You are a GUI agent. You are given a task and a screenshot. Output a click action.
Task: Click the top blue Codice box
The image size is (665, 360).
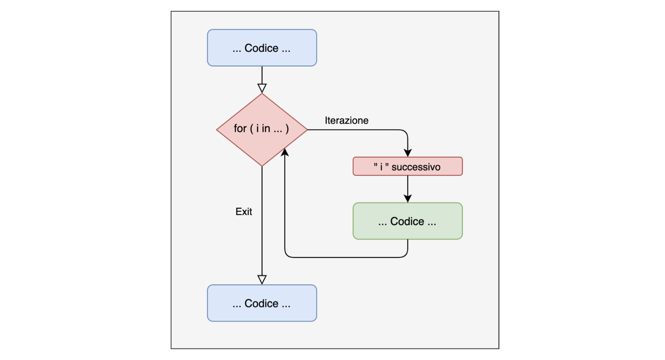[262, 48]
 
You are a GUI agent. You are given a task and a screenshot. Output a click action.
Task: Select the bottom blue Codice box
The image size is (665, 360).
[262, 303]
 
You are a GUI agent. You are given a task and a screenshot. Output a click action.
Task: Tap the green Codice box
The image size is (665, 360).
[407, 221]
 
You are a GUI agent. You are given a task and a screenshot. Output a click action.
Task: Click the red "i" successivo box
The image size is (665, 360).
[407, 166]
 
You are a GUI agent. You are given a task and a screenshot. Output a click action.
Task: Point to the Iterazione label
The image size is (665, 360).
[346, 120]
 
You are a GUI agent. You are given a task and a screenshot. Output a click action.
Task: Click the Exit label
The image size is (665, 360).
[244, 212]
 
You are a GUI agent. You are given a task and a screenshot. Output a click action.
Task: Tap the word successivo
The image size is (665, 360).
[416, 167]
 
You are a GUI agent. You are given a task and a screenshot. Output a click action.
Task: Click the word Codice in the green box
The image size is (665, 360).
[407, 221]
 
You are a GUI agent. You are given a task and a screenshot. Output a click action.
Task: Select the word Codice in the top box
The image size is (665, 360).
[261, 48]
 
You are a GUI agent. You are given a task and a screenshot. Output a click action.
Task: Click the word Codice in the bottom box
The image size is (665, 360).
[261, 303]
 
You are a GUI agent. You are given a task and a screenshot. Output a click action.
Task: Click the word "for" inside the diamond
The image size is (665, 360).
[240, 129]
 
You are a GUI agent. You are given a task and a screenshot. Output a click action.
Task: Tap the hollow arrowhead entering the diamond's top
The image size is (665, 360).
[262, 88]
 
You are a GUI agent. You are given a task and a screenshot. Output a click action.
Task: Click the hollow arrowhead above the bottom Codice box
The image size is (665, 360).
[262, 279]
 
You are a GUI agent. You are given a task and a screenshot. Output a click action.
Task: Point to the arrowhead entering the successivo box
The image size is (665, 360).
[408, 153]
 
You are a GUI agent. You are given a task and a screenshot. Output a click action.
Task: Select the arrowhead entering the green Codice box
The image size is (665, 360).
[408, 198]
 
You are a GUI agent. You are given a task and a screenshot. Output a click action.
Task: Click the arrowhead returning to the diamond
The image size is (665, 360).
[285, 152]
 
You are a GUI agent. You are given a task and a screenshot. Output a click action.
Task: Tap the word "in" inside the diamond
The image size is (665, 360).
[266, 129]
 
